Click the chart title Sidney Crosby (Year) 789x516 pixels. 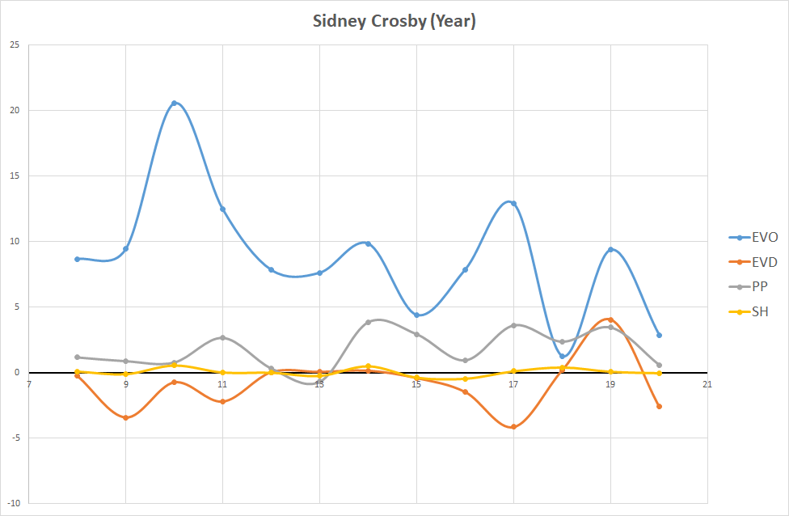coord(394,22)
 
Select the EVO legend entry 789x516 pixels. coord(753,237)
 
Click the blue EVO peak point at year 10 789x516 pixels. coord(174,103)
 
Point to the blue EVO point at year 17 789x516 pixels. coord(513,203)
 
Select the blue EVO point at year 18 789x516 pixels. coord(562,357)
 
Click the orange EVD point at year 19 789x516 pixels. coord(610,319)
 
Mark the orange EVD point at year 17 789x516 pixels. coord(513,427)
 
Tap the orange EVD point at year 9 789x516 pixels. coord(125,418)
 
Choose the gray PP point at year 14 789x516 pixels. coord(368,322)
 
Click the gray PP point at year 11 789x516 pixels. coord(222,337)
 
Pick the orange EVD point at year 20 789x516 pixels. coord(659,406)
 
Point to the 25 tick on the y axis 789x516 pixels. coord(15,44)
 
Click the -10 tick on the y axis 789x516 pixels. coord(13,503)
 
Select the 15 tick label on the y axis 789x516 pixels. coord(15,176)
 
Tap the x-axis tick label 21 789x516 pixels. coord(707,384)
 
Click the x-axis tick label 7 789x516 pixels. coord(28,384)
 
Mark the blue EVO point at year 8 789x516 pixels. coord(77,259)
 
